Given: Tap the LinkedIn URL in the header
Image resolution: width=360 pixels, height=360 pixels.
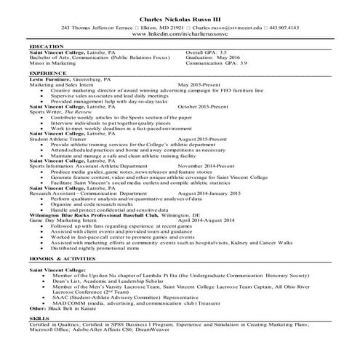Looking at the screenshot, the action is pos(181,34).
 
